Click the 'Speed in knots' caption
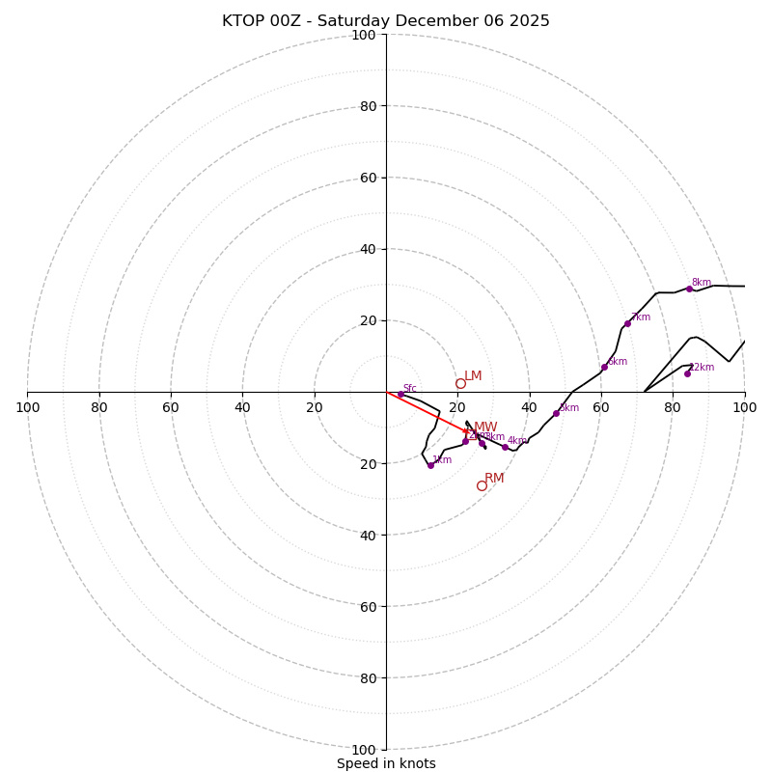[386, 763]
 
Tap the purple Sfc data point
[400, 394]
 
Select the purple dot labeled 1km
[430, 465]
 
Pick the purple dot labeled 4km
[505, 447]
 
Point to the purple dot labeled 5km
[556, 413]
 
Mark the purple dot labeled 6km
[604, 367]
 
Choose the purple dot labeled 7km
[627, 323]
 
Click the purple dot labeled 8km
[689, 289]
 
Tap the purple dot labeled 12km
[687, 373]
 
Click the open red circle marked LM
[460, 383]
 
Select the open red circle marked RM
[482, 485]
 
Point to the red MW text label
[485, 427]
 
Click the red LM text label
[473, 376]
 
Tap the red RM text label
[494, 479]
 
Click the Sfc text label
[410, 389]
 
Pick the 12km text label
[702, 368]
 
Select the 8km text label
[702, 283]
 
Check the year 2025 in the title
[531, 21]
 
